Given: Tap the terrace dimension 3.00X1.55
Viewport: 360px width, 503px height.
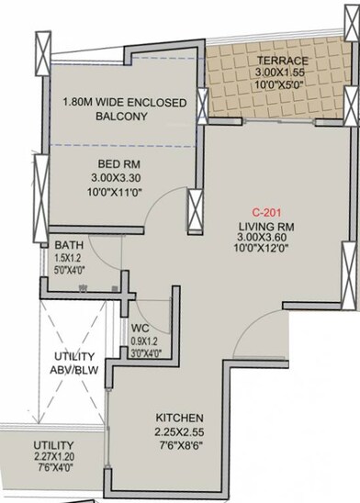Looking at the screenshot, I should coord(283,72).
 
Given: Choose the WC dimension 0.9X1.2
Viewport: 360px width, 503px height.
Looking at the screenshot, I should coord(144,340).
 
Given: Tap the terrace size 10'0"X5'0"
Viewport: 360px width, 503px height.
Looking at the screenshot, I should coord(283,85).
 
